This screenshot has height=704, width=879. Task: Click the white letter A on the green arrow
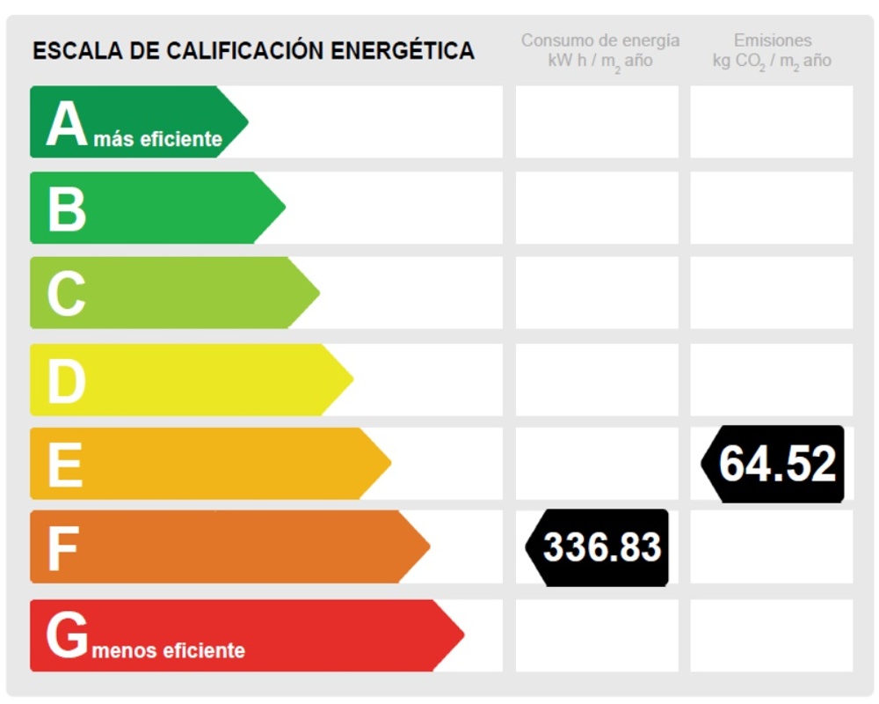(67, 124)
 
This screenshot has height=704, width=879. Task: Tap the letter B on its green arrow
(67, 209)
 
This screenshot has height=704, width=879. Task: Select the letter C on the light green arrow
(67, 294)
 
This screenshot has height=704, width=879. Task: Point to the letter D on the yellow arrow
(67, 380)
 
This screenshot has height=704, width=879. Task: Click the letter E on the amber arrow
(65, 465)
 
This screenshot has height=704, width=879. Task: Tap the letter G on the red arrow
(68, 635)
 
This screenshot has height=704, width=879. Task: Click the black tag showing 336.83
(599, 547)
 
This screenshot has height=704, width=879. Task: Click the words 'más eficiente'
(158, 139)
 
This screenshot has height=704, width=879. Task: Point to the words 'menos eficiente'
(168, 651)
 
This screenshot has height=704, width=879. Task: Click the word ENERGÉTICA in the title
(403, 51)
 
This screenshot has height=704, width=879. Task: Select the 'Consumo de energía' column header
(600, 40)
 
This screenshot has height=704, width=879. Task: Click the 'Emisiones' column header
(773, 40)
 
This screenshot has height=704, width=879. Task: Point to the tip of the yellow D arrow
(351, 379)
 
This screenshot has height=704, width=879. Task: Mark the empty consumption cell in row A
(597, 121)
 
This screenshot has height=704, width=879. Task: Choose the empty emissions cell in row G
(771, 635)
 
